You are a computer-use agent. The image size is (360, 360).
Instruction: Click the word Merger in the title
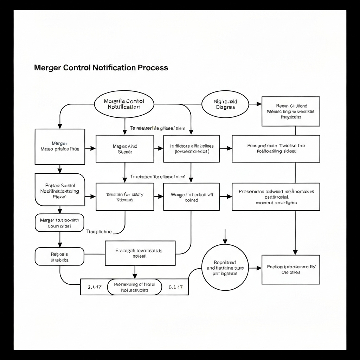(x=47, y=67)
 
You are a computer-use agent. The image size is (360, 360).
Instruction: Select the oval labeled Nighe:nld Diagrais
(x=225, y=104)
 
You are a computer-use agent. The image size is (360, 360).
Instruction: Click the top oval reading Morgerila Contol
(x=124, y=104)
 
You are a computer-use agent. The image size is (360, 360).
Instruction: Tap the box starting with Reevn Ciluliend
(x=291, y=111)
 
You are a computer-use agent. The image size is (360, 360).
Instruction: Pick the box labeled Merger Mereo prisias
(x=60, y=147)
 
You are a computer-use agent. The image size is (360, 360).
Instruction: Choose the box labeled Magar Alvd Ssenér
(x=125, y=149)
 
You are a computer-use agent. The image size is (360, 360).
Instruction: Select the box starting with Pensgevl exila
(x=276, y=148)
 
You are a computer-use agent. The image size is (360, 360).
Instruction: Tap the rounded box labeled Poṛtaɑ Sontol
(x=60, y=189)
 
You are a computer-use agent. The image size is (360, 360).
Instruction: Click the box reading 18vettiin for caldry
(x=125, y=197)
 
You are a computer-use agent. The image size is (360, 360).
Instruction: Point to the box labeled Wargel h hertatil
(x=192, y=197)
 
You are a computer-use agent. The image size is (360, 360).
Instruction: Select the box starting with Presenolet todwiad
(x=276, y=197)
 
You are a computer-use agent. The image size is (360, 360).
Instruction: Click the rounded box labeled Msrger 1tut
(x=59, y=223)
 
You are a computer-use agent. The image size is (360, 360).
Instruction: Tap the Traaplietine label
(x=99, y=232)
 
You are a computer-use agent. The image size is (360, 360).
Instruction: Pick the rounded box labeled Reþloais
(x=59, y=256)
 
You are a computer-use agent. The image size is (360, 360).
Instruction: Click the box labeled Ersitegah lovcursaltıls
(x=140, y=253)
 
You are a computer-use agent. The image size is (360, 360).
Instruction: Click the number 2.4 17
(x=94, y=287)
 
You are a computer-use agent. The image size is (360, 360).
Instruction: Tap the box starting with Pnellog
(x=291, y=269)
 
